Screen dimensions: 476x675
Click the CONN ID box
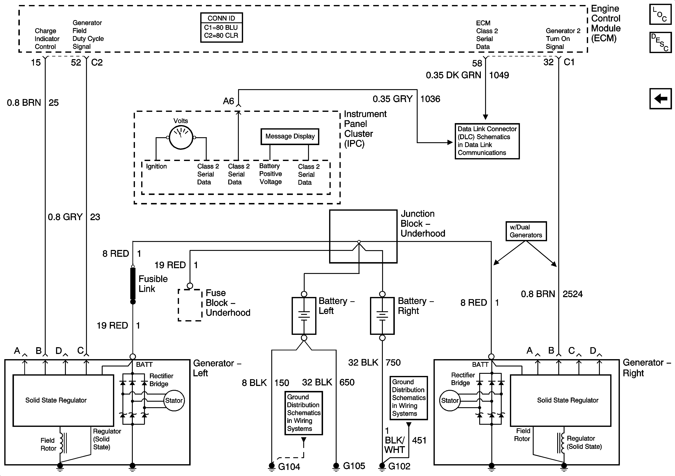point(221,27)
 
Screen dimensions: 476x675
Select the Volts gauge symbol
point(181,137)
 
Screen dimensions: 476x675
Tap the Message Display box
point(290,136)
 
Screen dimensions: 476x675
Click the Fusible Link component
point(133,284)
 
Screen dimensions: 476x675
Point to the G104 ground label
point(289,467)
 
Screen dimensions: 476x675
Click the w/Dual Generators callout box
point(526,231)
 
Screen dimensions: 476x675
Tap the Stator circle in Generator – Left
point(174,400)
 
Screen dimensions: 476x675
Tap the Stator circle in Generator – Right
point(450,400)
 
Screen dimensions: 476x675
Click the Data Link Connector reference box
point(487,141)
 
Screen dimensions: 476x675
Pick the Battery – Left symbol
point(304,316)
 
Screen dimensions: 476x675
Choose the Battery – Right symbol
point(382,316)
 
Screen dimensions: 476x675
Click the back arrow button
point(660,99)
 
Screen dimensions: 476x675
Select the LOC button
point(660,14)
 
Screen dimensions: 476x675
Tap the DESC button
point(660,43)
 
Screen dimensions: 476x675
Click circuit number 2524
point(572,294)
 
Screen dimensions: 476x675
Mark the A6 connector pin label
point(228,101)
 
